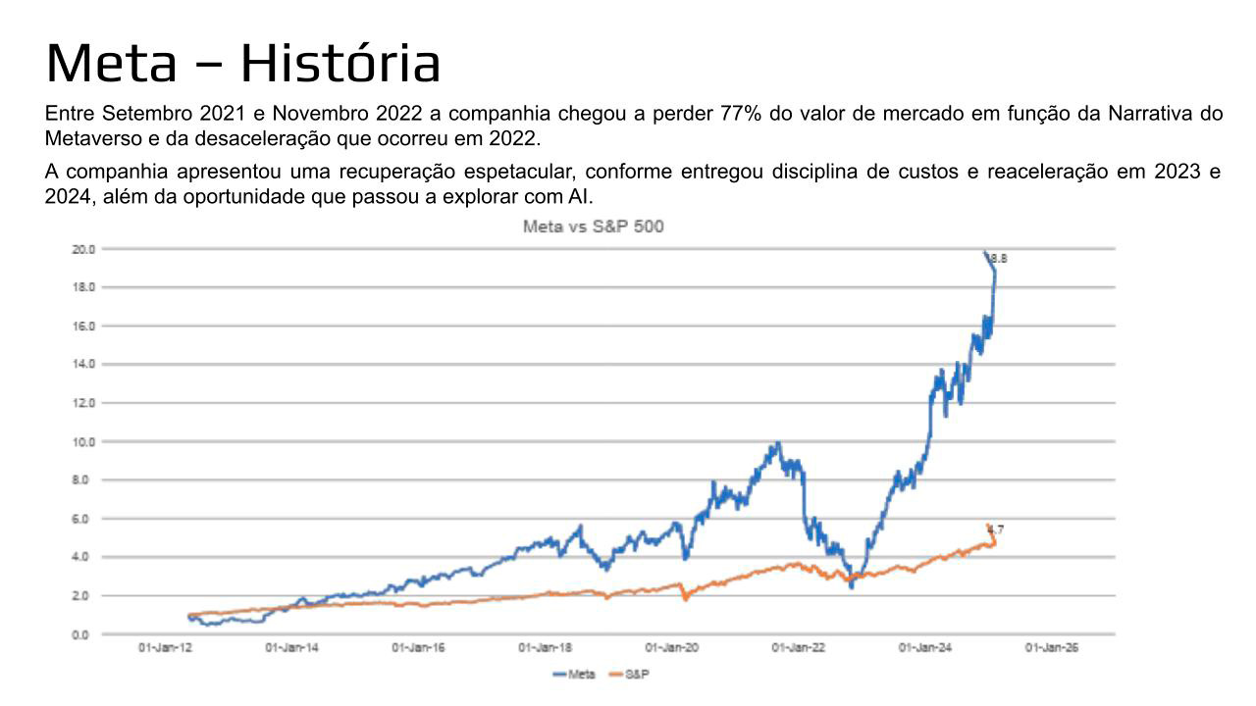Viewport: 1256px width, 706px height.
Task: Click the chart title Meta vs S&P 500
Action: coord(593,227)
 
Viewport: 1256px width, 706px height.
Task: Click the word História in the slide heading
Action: coord(340,63)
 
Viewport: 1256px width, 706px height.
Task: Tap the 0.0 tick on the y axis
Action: coord(84,634)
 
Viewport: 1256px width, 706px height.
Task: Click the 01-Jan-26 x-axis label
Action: coord(1052,649)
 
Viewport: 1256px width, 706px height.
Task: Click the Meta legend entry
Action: coord(575,675)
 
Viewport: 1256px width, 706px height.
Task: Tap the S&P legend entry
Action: coord(637,675)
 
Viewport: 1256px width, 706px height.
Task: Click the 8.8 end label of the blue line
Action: coord(999,259)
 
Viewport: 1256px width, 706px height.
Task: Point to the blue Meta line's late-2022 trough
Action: coord(852,586)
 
